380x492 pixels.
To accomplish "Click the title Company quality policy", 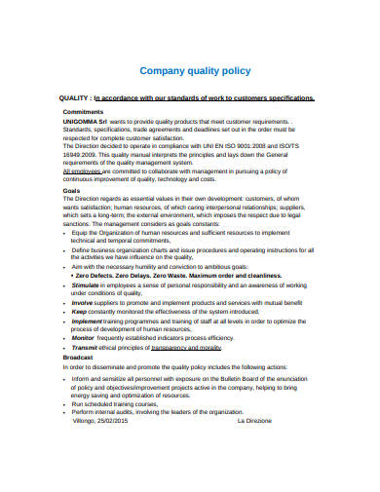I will (x=196, y=71).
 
